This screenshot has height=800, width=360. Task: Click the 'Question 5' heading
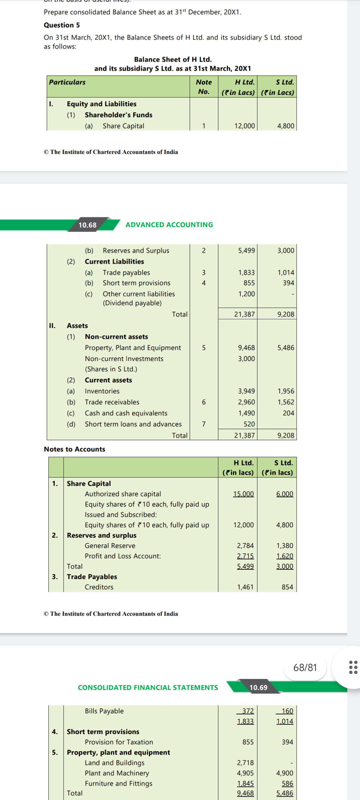click(62, 25)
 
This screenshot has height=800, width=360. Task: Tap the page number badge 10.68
click(88, 225)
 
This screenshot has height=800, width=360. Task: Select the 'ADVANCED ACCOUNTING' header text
click(169, 225)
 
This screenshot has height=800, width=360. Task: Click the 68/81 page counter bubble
click(305, 668)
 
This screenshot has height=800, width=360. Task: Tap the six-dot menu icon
click(353, 667)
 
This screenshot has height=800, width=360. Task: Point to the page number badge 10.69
click(258, 688)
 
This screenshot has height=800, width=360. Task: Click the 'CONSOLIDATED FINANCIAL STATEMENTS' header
click(148, 688)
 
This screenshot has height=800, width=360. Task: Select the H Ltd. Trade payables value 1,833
click(246, 273)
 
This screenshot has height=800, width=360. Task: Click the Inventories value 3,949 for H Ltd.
click(246, 391)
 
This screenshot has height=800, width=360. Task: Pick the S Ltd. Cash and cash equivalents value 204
click(288, 413)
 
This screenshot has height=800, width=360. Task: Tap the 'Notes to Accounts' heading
click(74, 449)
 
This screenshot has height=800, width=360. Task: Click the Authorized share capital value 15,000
click(243, 494)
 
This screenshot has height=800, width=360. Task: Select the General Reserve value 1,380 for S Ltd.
click(285, 546)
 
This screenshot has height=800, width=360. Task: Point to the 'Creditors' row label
click(99, 587)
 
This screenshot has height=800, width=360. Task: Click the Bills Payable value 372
click(248, 711)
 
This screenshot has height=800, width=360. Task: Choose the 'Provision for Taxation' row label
click(119, 742)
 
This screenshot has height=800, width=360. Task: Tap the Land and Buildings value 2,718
click(245, 763)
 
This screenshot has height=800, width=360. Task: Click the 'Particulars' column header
click(67, 82)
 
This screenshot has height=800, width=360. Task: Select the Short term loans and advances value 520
click(249, 424)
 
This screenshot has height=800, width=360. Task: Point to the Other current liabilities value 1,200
click(246, 294)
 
